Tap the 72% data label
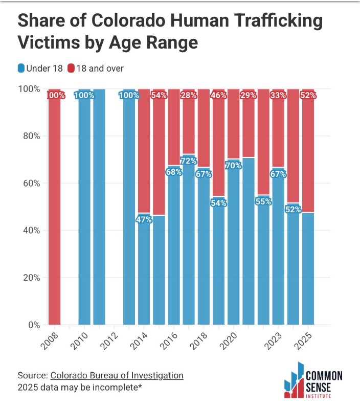click(189, 161)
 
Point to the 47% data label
click(144, 220)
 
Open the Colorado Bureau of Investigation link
click(117, 375)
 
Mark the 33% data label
click(279, 96)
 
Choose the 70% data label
click(234, 166)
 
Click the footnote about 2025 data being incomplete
click(79, 387)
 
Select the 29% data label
click(249, 96)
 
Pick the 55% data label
click(264, 201)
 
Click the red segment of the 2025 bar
click(308, 153)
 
